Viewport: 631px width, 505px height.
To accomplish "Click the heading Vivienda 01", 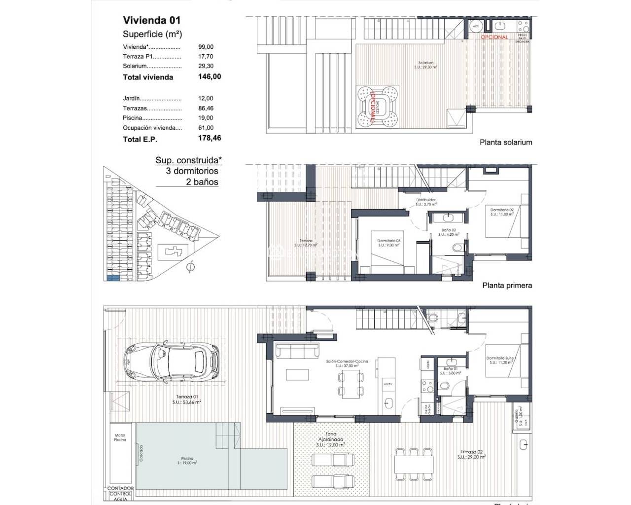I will click(x=151, y=20).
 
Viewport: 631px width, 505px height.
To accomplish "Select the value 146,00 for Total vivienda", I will click(x=210, y=76).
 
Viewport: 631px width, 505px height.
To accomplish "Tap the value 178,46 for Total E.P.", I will click(x=210, y=138).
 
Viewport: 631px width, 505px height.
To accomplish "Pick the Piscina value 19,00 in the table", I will click(x=206, y=118).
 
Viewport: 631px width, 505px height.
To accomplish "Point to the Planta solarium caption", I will click(x=506, y=142).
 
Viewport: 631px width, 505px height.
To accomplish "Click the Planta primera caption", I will click(x=507, y=285).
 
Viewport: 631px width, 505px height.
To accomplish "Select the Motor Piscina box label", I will click(x=120, y=437).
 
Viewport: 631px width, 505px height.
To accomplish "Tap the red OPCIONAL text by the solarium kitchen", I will click(x=494, y=37).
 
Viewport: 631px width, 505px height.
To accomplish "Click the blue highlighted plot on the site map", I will click(x=113, y=278).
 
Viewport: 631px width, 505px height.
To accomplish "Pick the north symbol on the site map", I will click(x=190, y=267).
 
